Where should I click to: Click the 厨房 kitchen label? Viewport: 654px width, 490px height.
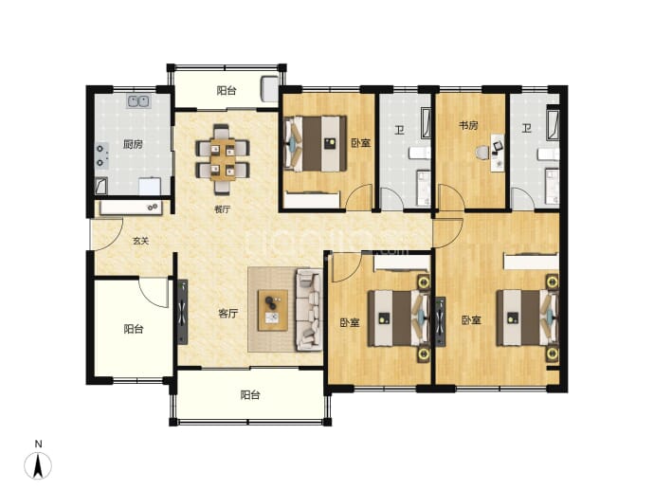133,145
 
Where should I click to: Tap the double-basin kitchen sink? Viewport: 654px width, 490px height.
139,101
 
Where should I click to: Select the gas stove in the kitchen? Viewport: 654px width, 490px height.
101,155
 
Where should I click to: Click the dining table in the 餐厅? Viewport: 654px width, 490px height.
223,159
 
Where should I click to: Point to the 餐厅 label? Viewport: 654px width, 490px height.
223,209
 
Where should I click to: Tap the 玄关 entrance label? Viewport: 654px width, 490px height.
140,241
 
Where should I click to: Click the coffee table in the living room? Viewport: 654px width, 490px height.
273,310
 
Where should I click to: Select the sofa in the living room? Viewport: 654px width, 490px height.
309,310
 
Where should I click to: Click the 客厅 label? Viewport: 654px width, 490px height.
228,313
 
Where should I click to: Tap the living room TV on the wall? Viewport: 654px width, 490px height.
183,312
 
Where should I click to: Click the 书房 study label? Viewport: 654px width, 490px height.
468,125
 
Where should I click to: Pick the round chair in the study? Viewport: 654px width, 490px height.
482,153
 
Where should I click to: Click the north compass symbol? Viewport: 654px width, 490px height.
38,463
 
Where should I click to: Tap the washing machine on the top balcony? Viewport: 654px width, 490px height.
269,89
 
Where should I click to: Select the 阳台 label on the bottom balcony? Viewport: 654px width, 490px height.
250,395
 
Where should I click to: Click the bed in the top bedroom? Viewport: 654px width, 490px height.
316,143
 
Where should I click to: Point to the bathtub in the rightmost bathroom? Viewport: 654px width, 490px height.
553,124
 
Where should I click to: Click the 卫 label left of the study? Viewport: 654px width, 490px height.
400,130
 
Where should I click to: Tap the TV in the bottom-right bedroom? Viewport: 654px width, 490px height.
441,321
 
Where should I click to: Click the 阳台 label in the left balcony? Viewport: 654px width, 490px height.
134,329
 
